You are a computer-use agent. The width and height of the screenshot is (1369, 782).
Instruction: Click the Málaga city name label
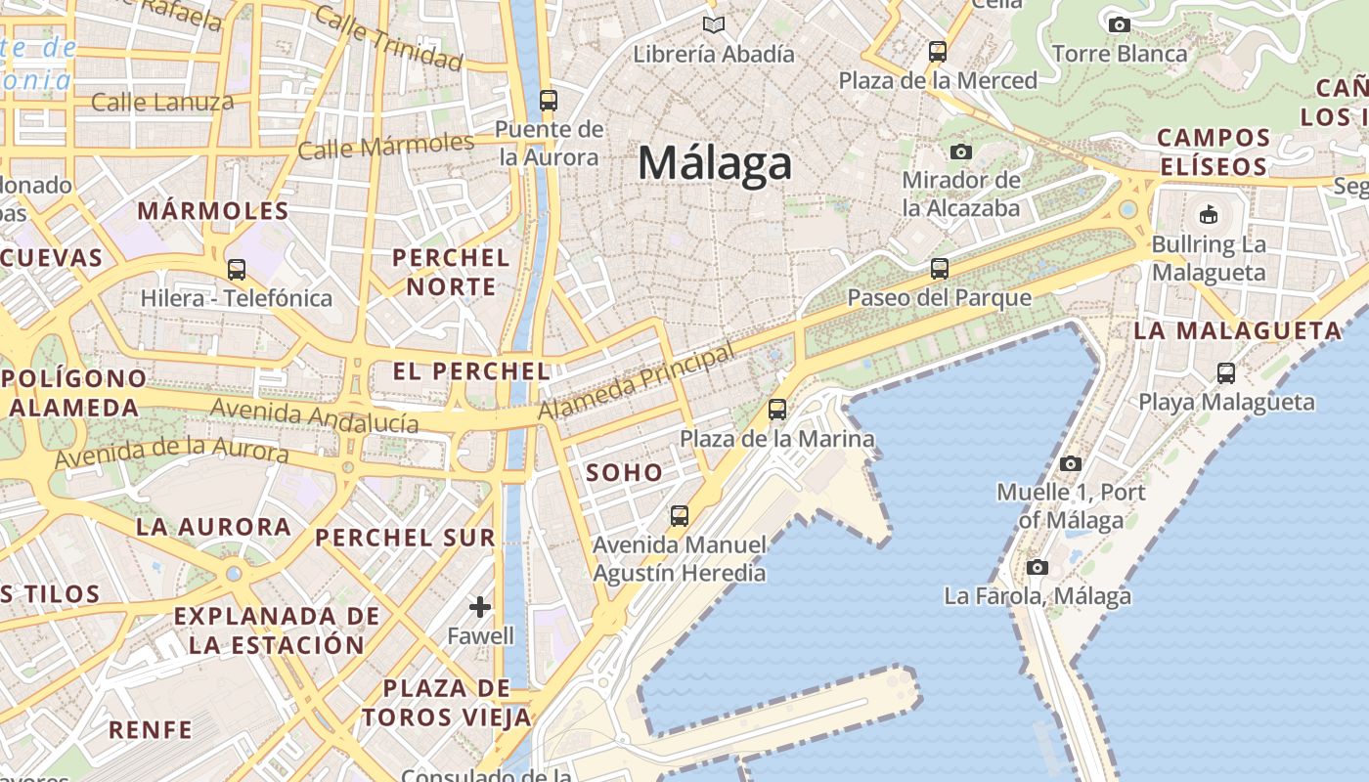click(714, 162)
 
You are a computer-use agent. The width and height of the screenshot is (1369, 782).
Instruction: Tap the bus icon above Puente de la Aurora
click(548, 101)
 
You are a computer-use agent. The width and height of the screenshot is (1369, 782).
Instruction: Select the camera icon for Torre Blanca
click(1120, 24)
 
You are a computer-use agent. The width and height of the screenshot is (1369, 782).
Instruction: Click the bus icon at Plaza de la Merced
click(938, 52)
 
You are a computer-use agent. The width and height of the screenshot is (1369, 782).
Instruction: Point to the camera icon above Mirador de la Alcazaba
click(961, 152)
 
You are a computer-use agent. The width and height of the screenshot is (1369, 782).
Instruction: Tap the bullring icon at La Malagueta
click(1209, 214)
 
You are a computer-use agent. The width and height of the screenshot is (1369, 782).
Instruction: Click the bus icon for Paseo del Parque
click(940, 268)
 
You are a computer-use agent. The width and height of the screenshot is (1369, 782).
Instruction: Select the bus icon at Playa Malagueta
click(1226, 372)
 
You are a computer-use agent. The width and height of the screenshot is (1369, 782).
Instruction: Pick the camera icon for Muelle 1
click(1071, 463)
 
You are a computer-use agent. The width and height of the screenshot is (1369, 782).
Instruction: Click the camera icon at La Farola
click(1038, 567)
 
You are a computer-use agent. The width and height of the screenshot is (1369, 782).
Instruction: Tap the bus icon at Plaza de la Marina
click(777, 410)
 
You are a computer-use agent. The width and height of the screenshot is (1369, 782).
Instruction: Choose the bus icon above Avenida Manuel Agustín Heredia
click(679, 515)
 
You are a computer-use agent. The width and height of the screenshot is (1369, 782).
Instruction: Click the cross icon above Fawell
click(480, 607)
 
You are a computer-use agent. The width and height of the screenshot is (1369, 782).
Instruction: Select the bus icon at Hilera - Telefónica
click(237, 270)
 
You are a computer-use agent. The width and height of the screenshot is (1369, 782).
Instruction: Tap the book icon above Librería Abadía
click(714, 24)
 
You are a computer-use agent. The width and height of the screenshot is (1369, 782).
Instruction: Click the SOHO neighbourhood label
click(624, 473)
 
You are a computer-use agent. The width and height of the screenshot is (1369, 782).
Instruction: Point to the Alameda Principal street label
click(636, 381)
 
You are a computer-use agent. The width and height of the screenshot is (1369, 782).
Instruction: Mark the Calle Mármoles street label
click(385, 147)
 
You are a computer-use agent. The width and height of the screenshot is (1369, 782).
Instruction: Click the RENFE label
click(151, 729)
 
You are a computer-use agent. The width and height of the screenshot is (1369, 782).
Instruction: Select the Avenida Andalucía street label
click(314, 416)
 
